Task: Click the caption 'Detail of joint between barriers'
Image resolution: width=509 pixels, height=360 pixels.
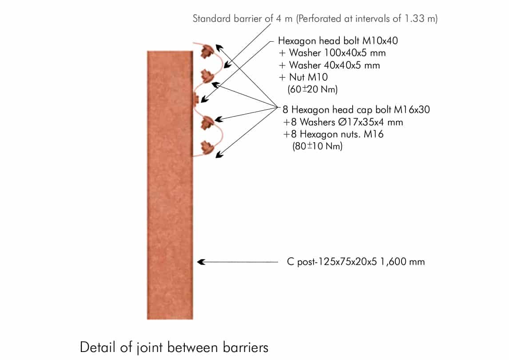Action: (174, 347)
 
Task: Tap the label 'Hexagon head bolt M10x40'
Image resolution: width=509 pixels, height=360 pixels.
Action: (338, 41)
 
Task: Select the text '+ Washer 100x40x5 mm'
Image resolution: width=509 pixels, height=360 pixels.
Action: (332, 53)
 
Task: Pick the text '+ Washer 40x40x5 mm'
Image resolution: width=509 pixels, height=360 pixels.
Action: (329, 65)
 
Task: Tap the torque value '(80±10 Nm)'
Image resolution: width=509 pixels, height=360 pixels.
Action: (317, 146)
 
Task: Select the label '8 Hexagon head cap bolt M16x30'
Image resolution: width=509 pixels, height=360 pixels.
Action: (356, 109)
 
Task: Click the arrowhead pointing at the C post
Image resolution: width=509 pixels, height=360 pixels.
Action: (201, 262)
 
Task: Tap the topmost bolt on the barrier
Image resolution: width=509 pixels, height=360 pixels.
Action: (206, 52)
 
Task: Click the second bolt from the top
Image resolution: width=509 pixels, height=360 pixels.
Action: (207, 76)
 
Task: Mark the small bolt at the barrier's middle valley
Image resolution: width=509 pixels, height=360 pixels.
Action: (196, 98)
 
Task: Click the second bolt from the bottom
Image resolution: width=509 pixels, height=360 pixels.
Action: (207, 123)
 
